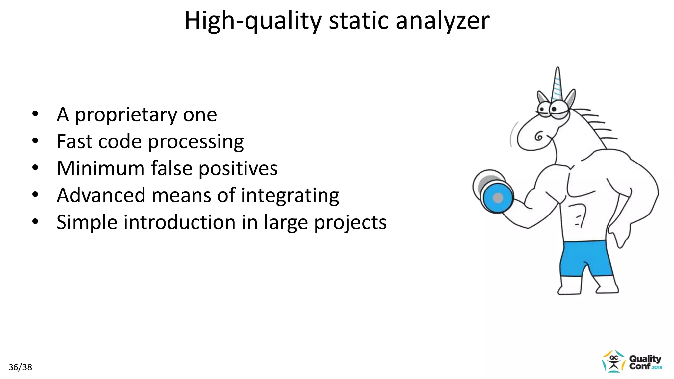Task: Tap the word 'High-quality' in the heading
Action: click(x=253, y=21)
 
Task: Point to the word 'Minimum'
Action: click(x=101, y=168)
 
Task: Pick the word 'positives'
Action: click(x=238, y=168)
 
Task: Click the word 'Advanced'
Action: click(x=101, y=195)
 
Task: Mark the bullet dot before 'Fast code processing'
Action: click(x=35, y=141)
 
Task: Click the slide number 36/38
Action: click(x=20, y=367)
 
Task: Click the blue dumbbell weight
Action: click(x=498, y=198)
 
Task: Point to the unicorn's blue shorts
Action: click(x=586, y=258)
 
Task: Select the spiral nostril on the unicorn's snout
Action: click(x=539, y=136)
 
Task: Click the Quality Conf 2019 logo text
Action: click(x=645, y=362)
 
